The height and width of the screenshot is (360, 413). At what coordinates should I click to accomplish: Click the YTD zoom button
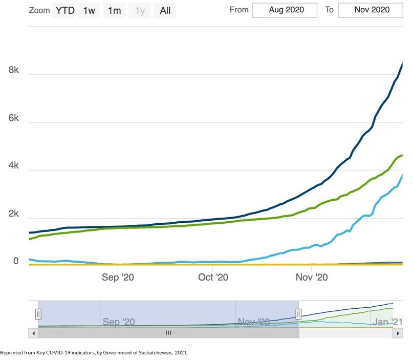pyautogui.click(x=64, y=10)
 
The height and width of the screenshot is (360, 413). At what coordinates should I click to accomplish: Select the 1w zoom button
pyautogui.click(x=89, y=10)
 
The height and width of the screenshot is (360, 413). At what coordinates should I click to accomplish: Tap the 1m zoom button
pyautogui.click(x=114, y=10)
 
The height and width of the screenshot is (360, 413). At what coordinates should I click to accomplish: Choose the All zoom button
pyautogui.click(x=165, y=10)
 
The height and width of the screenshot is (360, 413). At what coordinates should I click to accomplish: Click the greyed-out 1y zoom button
pyautogui.click(x=140, y=10)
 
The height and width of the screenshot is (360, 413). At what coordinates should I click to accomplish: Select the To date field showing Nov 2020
pyautogui.click(x=371, y=10)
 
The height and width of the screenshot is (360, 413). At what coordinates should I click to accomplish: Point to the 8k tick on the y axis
pyautogui.click(x=14, y=70)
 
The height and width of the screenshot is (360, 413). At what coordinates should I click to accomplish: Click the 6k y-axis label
pyautogui.click(x=14, y=118)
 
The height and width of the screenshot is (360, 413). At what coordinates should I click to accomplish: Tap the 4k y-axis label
pyautogui.click(x=14, y=166)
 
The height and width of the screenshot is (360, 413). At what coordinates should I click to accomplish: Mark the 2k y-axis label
pyautogui.click(x=14, y=214)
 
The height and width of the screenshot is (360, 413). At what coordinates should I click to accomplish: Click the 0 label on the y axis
pyautogui.click(x=16, y=261)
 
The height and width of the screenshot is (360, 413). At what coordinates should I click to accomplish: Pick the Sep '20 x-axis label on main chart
pyautogui.click(x=118, y=278)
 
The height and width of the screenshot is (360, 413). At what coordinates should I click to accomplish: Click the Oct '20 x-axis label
pyautogui.click(x=213, y=278)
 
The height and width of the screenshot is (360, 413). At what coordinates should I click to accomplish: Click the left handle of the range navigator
pyautogui.click(x=38, y=314)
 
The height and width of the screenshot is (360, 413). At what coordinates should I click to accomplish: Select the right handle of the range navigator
pyautogui.click(x=299, y=314)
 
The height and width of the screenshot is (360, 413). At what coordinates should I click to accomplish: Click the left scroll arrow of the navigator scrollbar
pyautogui.click(x=33, y=333)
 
